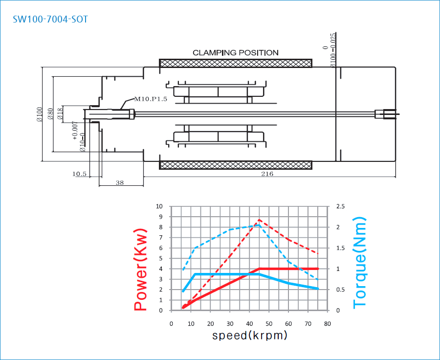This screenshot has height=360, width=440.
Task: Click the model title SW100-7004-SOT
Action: pyautogui.click(x=50, y=19)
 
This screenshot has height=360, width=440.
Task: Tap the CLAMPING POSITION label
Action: pyautogui.click(x=235, y=52)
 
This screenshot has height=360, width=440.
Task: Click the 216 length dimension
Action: pyautogui.click(x=267, y=173)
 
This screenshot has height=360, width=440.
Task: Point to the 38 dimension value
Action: pyautogui.click(x=120, y=182)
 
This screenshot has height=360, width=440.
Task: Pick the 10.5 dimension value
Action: pyautogui.click(x=79, y=174)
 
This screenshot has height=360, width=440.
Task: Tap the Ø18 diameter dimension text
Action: pyautogui.click(x=60, y=113)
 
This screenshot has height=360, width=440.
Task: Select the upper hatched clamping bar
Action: pyautogui.click(x=236, y=64)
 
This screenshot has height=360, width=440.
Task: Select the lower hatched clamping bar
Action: pyautogui.click(x=236, y=165)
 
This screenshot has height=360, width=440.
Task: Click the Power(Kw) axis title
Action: pyautogui.click(x=141, y=269)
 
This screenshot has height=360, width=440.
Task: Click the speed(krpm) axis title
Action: pyautogui.click(x=249, y=336)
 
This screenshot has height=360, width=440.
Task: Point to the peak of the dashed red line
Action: pyautogui.click(x=259, y=220)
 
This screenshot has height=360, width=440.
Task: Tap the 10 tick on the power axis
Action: pyautogui.click(x=159, y=206)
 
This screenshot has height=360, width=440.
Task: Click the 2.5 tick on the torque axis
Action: pyautogui.click(x=340, y=206)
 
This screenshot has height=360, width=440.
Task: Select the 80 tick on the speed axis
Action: pyautogui.click(x=328, y=323)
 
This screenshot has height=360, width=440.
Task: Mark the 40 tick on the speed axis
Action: pyautogui.click(x=249, y=323)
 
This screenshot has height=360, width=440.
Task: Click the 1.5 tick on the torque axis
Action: pyautogui.click(x=340, y=248)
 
